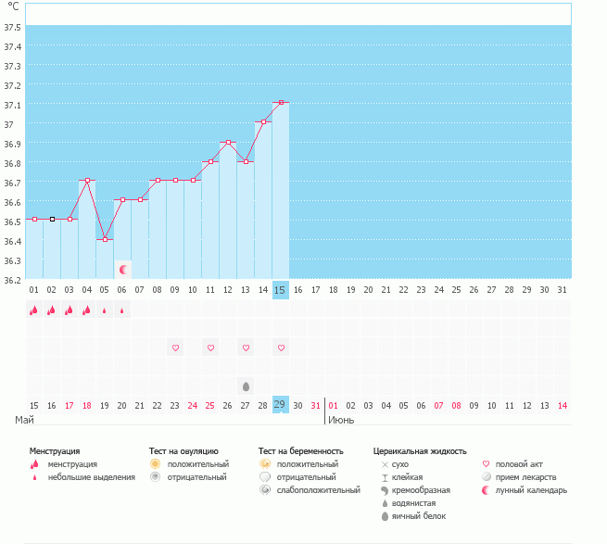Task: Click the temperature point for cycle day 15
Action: tap(281, 103)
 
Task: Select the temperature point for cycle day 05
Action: tap(104, 239)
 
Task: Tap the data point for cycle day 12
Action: tap(228, 143)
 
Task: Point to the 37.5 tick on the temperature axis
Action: tap(13, 27)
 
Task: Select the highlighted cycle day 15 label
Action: tap(280, 290)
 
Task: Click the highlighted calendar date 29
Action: tap(280, 404)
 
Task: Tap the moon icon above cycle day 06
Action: tap(122, 270)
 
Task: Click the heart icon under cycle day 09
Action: tap(175, 348)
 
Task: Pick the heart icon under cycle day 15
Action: tap(281, 348)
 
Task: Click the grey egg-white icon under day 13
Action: tap(246, 386)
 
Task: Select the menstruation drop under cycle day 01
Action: tap(33, 310)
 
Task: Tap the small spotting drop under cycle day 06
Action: tap(122, 311)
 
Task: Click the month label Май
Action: tap(25, 420)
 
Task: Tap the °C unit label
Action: tap(13, 6)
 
